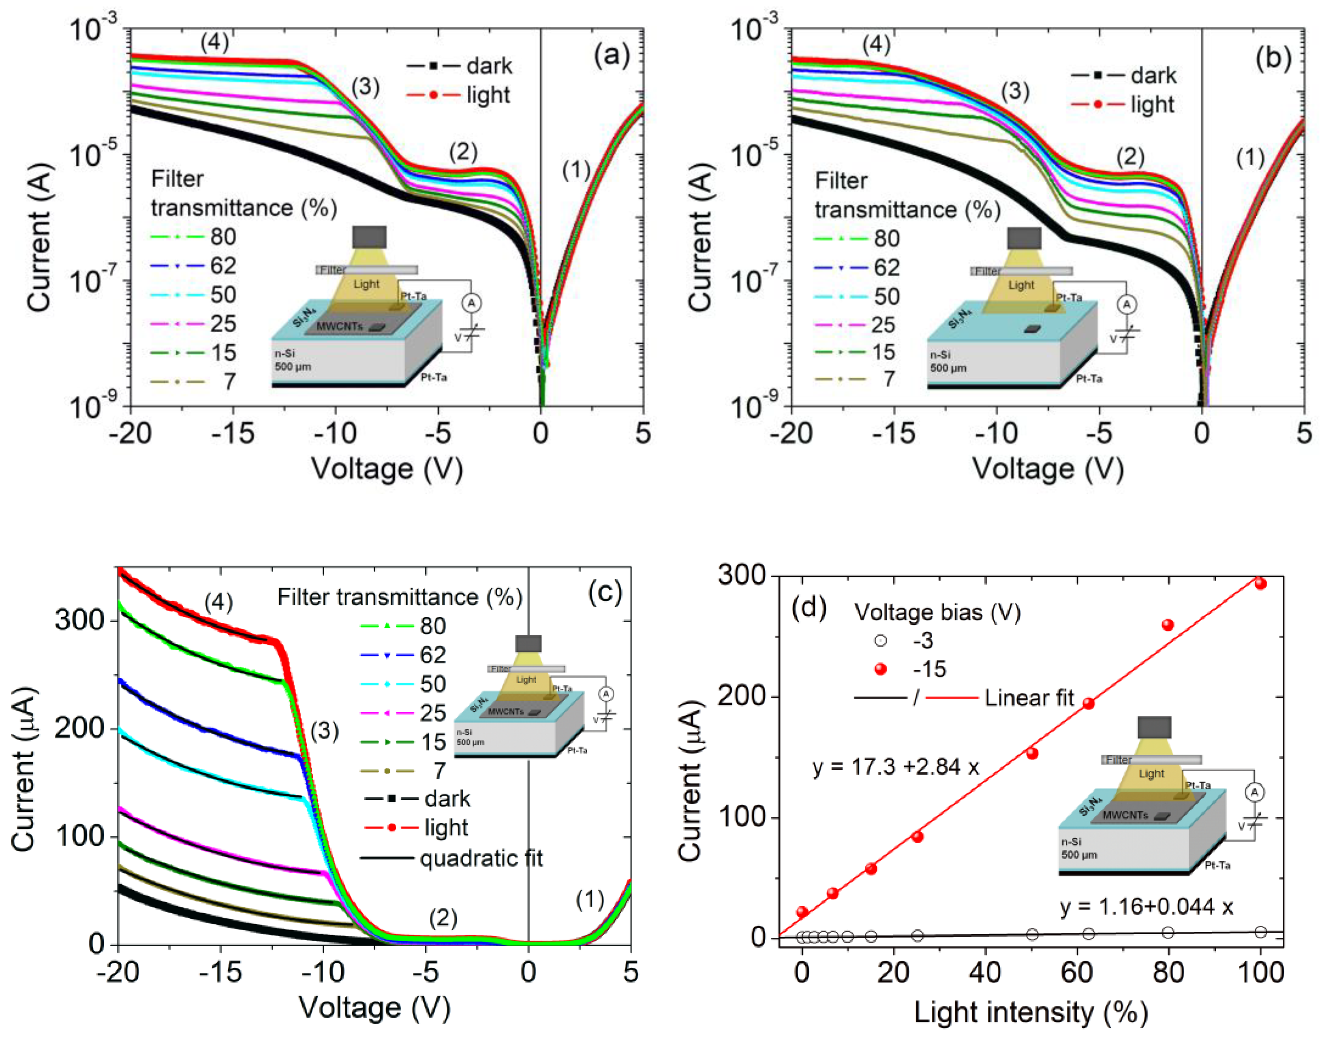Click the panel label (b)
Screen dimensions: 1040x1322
1273,59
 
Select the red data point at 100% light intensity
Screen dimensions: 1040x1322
1260,583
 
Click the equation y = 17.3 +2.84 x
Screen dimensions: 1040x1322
895,767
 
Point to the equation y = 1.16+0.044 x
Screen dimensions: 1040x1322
1147,907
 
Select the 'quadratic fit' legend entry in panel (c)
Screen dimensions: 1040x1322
451,858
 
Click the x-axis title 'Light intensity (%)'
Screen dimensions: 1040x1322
1030,1012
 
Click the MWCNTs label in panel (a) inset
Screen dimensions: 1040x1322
339,327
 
